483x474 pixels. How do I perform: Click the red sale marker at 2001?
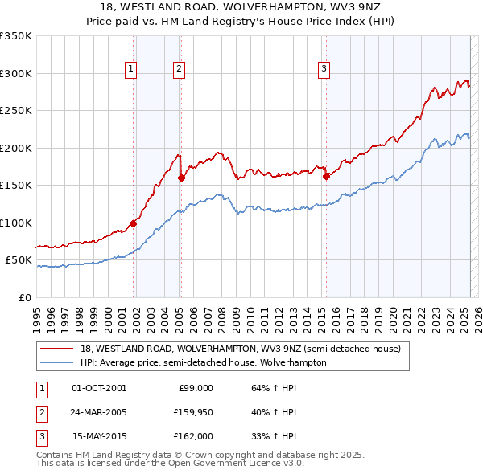(x=133, y=224)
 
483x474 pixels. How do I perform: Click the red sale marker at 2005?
(x=181, y=178)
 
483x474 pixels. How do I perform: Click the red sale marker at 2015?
(x=326, y=177)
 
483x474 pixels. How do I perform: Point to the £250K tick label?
(x=16, y=111)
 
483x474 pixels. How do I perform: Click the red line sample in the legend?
(x=57, y=349)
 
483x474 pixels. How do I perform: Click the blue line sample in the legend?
(x=57, y=362)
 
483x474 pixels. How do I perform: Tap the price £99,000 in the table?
(x=195, y=388)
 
